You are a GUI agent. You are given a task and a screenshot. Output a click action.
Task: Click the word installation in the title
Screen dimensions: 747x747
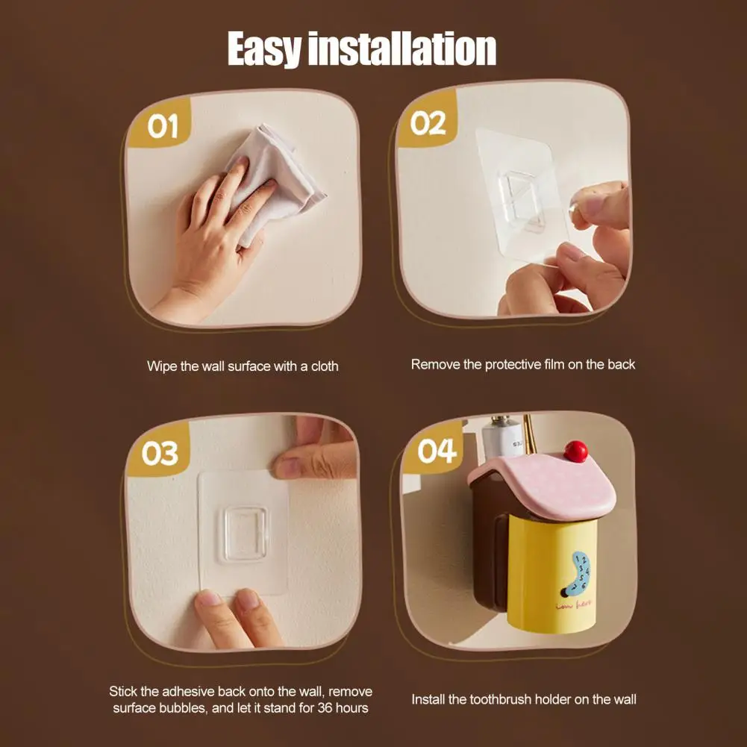402,49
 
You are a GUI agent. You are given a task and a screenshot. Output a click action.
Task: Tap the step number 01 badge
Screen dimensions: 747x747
162,127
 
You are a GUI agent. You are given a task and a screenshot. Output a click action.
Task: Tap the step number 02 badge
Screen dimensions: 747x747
428,123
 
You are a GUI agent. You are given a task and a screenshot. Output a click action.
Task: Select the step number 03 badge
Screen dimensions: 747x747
160,454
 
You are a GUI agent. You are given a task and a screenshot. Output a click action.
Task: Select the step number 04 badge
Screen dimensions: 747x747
437,451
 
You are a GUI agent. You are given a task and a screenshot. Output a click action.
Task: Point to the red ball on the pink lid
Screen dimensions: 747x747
575,451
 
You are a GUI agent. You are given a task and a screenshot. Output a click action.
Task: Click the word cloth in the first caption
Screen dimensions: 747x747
324,366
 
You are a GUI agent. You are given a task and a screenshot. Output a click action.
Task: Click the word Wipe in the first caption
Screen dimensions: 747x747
161,366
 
